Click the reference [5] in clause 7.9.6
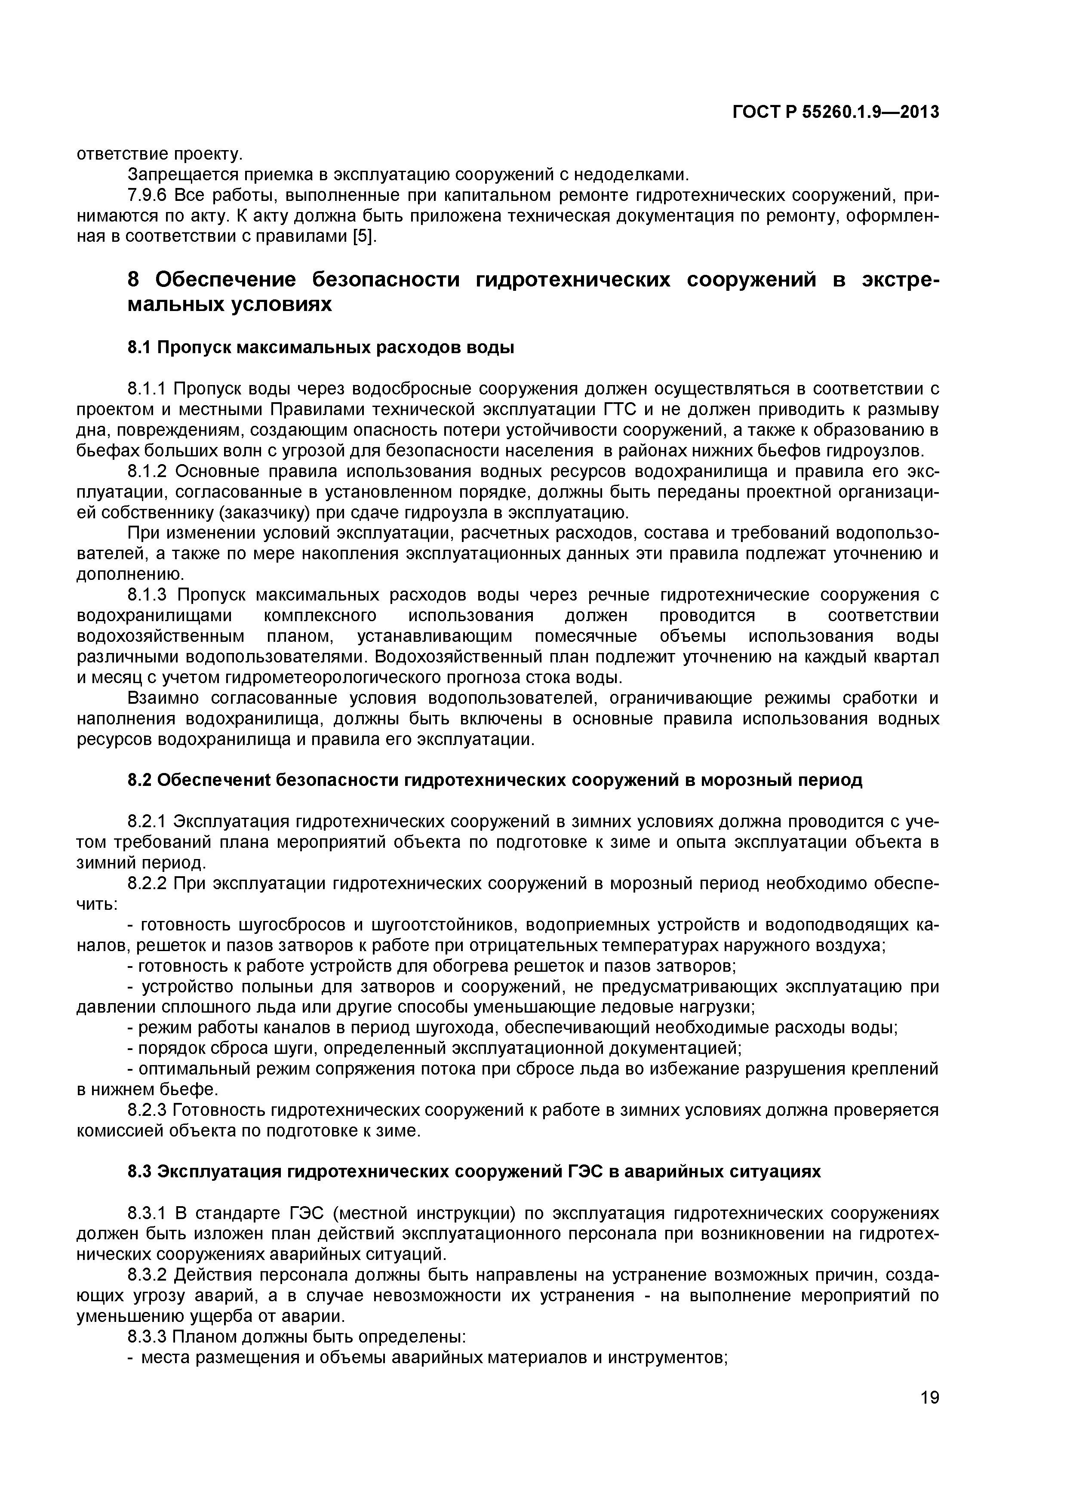coord(364,237)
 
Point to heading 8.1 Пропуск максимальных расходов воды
coord(321,347)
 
